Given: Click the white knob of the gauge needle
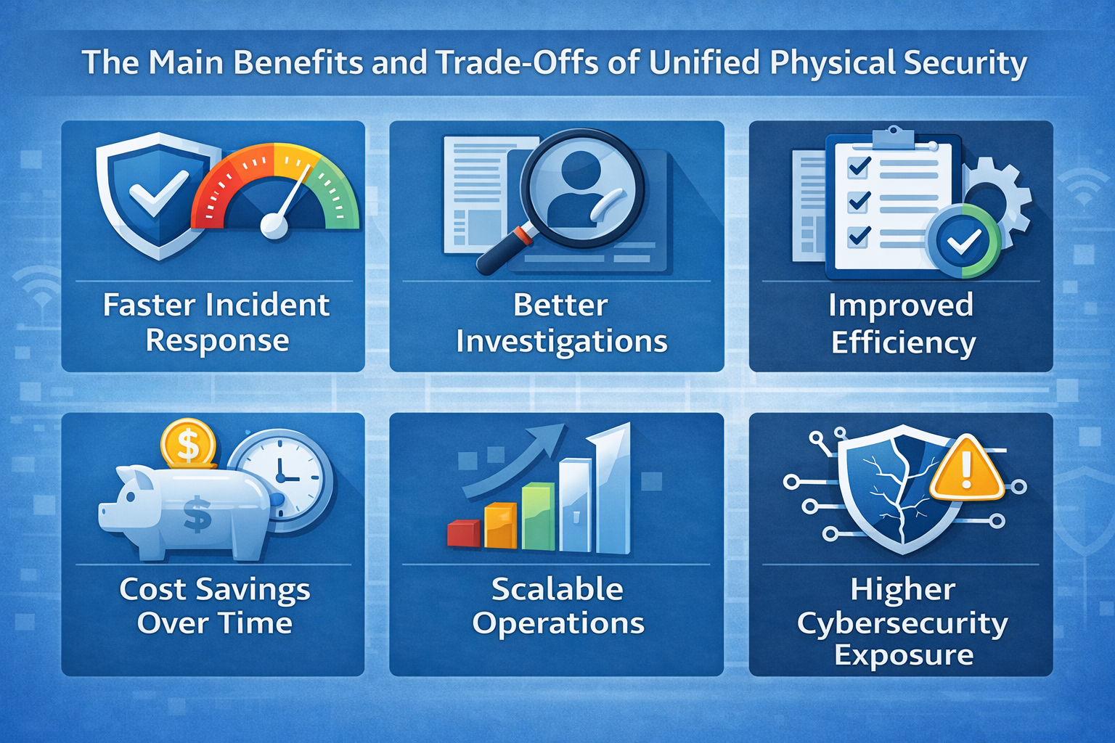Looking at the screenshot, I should tap(274, 226).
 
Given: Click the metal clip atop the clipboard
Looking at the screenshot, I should tap(893, 137).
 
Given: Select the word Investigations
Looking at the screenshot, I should tap(561, 341).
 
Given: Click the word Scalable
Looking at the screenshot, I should tap(557, 589).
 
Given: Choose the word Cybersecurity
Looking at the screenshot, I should tap(902, 624).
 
